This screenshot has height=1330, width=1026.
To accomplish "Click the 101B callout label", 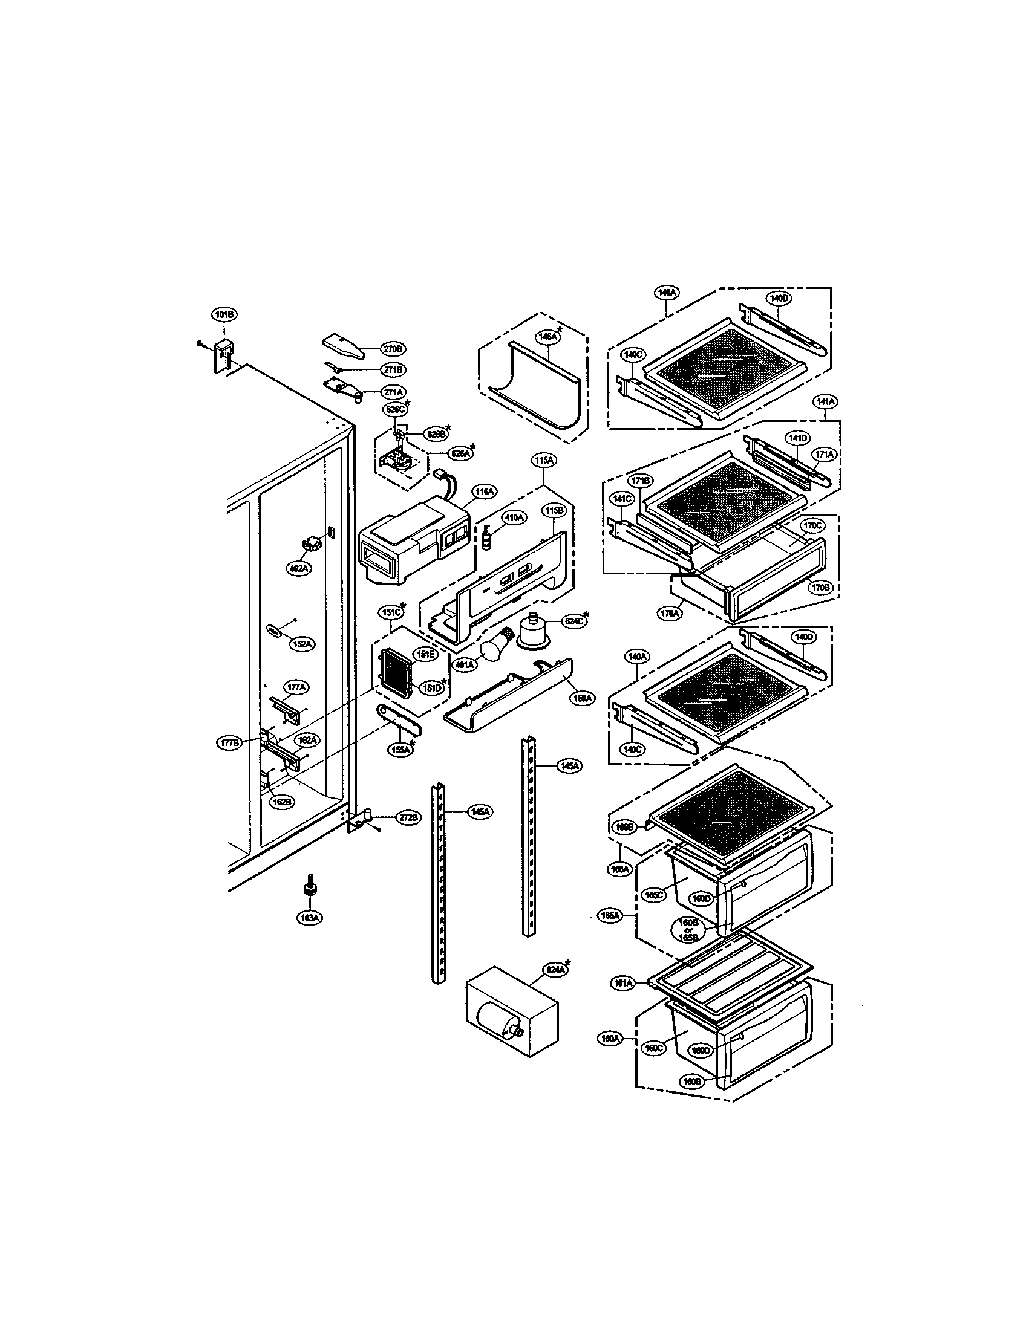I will tap(224, 315).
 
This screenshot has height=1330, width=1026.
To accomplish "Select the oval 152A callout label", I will tap(302, 644).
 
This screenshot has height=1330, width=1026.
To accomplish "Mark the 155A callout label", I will tap(400, 750).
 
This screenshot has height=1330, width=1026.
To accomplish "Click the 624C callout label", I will tap(573, 621).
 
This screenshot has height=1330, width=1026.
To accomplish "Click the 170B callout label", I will tap(820, 588).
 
